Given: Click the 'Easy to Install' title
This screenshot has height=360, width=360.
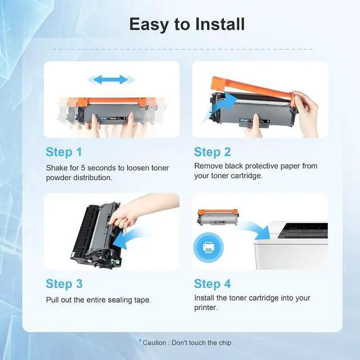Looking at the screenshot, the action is [187, 24].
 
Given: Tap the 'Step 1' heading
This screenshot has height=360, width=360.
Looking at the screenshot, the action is [64, 152].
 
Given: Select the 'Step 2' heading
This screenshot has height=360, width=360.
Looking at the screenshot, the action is [213, 152].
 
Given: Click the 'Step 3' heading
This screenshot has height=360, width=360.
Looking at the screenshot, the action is [64, 283].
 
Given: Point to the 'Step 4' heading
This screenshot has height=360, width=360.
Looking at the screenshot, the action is [213, 283].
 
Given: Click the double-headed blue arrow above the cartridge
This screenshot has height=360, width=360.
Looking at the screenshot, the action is [111, 80].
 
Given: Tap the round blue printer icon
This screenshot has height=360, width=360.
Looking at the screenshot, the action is [209, 247].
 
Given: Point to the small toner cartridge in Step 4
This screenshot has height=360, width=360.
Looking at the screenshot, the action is [218, 217].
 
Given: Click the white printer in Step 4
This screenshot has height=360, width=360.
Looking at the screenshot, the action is [291, 245].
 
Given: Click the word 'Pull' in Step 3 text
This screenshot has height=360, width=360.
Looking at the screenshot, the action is [52, 300].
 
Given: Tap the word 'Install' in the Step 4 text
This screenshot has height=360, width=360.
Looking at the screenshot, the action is [204, 298].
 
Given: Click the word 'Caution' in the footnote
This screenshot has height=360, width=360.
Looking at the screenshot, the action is [154, 343].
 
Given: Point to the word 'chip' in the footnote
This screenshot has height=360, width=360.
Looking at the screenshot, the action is [225, 343].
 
